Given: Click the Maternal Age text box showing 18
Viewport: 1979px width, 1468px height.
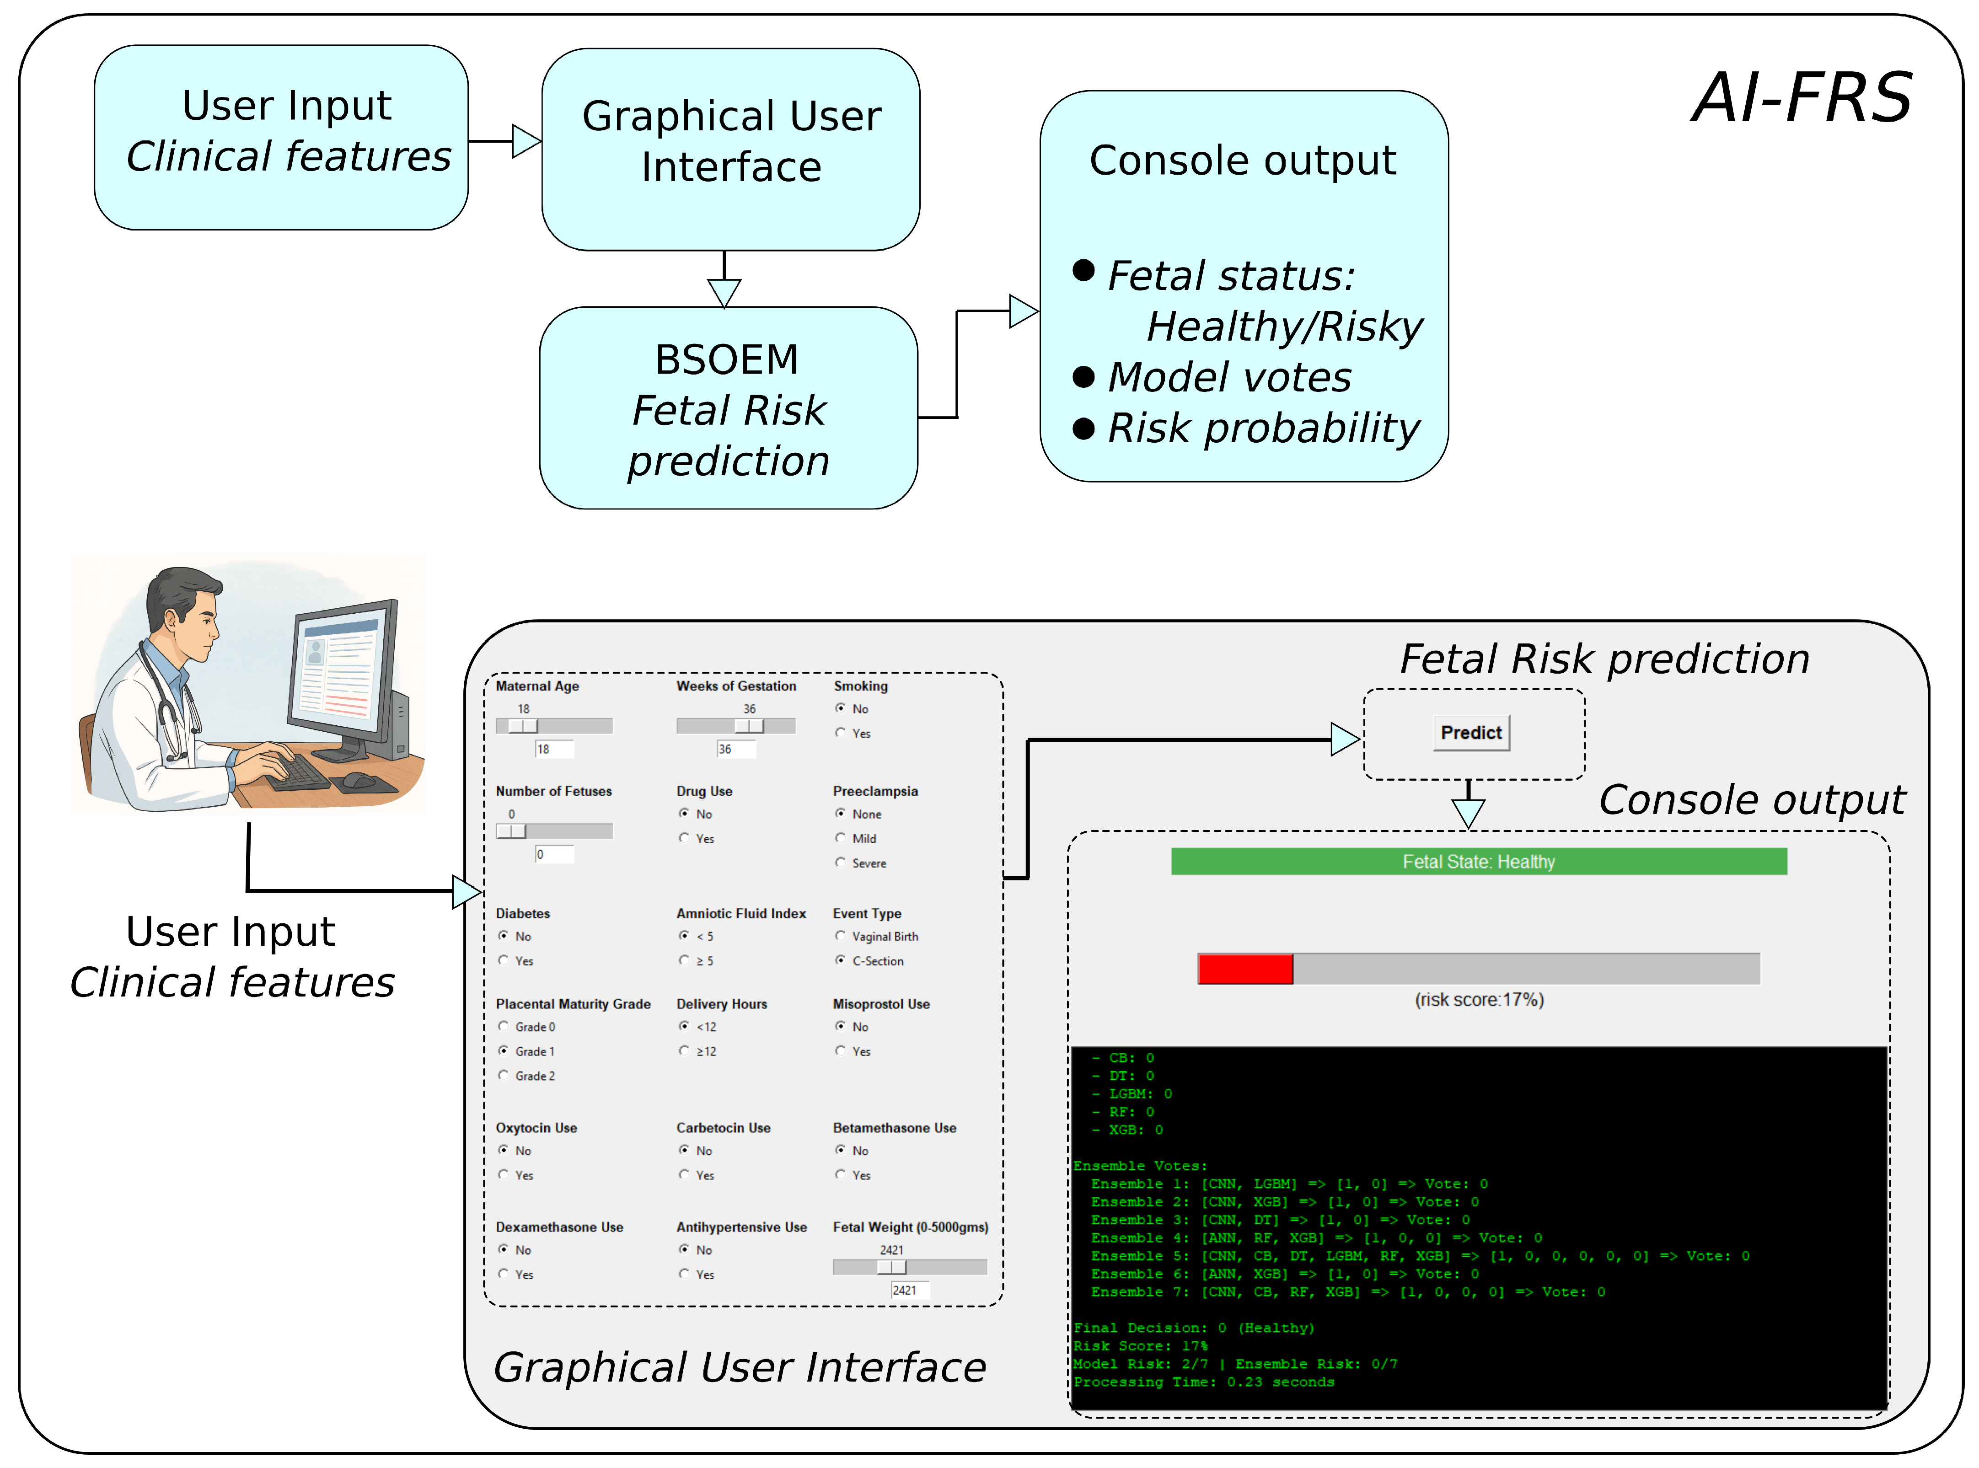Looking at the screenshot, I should click(553, 749).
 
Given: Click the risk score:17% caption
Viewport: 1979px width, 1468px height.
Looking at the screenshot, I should click(1479, 1000).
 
